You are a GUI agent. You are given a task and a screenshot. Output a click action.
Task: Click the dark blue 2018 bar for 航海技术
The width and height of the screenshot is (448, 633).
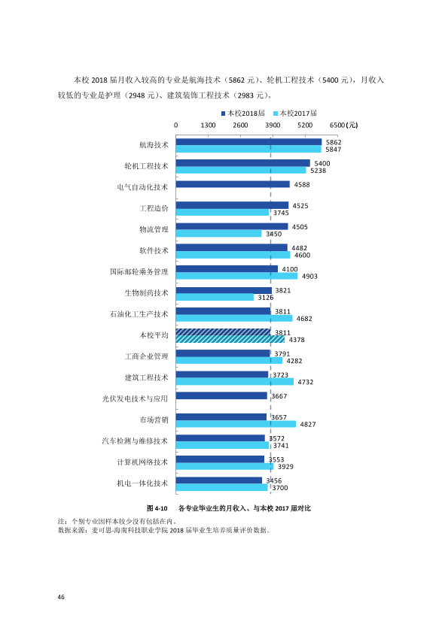coord(248,141)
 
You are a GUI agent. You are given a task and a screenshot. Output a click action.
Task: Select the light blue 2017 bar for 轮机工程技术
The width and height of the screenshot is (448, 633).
coord(241,170)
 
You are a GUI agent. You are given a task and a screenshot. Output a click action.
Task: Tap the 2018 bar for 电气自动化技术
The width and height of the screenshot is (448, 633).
coord(233,184)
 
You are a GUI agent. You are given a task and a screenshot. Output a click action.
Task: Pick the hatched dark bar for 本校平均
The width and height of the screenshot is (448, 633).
coord(223,332)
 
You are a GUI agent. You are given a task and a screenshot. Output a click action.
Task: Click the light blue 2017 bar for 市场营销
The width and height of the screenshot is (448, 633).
coord(236,424)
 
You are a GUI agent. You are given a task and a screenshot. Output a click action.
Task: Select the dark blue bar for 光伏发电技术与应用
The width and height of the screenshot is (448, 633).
coord(221,395)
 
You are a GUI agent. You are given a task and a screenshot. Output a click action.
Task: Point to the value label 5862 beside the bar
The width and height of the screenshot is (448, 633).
coord(334,142)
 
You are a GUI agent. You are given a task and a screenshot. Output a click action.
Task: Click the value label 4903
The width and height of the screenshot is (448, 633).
coord(309,276)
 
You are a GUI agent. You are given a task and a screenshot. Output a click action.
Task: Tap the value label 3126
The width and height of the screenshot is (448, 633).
coord(266,298)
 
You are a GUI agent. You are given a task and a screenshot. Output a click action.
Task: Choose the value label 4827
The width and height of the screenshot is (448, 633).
coord(308,424)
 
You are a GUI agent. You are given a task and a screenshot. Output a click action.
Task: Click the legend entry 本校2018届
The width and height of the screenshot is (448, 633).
coord(243,114)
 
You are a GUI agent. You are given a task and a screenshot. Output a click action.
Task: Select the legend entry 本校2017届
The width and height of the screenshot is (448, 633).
coord(295,114)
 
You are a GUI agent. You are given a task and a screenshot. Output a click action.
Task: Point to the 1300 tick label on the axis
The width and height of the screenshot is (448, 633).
coord(208,125)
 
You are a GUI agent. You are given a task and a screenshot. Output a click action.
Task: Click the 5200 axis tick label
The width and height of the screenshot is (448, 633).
coord(305,125)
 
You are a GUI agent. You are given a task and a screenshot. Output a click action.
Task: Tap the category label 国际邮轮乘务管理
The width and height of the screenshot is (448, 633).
coord(139,271)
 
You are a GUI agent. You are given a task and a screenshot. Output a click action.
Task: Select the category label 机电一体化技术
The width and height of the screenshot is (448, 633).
coord(142,483)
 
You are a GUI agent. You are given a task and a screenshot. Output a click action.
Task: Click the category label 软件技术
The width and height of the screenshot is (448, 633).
coord(154,250)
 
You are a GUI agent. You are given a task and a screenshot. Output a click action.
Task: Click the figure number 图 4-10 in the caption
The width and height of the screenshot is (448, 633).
coord(157,508)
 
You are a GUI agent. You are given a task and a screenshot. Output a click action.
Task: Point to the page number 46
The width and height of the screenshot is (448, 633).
coord(61,597)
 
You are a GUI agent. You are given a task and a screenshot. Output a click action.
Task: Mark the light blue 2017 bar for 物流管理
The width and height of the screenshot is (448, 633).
coord(219,233)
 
